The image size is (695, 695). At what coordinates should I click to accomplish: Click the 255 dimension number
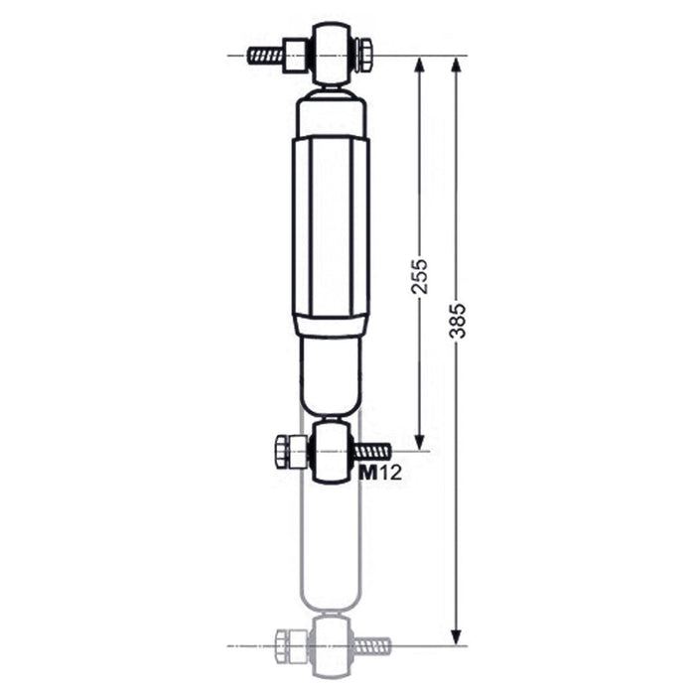419,277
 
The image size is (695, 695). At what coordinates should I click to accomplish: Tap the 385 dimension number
457,322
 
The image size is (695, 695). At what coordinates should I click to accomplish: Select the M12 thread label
380,474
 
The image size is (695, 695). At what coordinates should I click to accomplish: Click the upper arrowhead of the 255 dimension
419,66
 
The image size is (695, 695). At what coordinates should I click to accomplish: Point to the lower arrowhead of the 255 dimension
419,442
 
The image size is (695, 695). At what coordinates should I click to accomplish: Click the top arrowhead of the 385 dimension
457,66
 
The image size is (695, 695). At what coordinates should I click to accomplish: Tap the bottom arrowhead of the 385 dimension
457,637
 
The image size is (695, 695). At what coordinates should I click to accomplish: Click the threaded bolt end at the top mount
265,56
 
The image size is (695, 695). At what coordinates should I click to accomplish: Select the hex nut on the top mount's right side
365,56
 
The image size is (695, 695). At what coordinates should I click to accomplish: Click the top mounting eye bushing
333,54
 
